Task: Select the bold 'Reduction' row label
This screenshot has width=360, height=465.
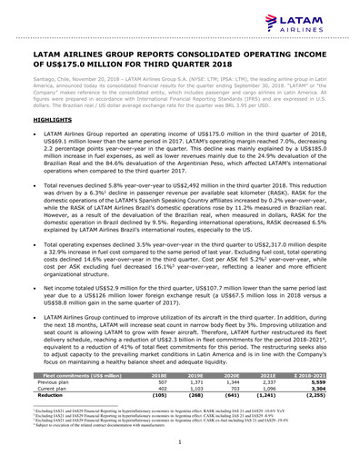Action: tap(50, 397)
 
